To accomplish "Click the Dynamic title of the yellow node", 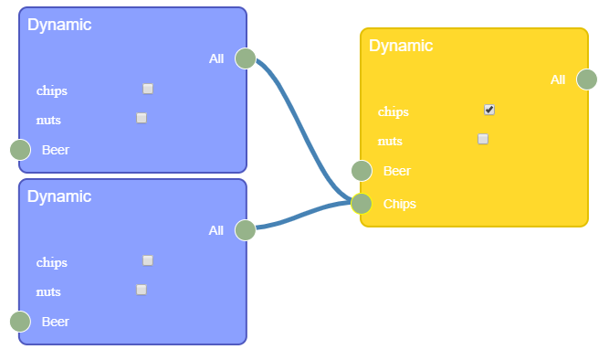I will (401, 46).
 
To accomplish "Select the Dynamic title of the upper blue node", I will (59, 25).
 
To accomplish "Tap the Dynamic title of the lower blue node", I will (59, 196).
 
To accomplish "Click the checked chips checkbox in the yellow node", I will (489, 110).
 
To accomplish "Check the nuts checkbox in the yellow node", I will (483, 139).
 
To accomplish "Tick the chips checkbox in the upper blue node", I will (148, 89).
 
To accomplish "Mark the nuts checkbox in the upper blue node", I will (142, 118).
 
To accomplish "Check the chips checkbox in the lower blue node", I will (148, 260).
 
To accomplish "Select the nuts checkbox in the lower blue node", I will (142, 290).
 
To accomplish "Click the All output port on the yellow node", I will (587, 79).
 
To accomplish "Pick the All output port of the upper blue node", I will (246, 58).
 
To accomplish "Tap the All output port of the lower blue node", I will (246, 230).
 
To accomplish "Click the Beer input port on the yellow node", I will (362, 171).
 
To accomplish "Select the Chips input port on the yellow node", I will (362, 203).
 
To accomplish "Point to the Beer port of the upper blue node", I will (20, 150).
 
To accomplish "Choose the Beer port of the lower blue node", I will (20, 322).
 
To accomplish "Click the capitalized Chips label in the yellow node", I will (400, 204).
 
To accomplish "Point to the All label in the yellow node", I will (558, 80).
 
